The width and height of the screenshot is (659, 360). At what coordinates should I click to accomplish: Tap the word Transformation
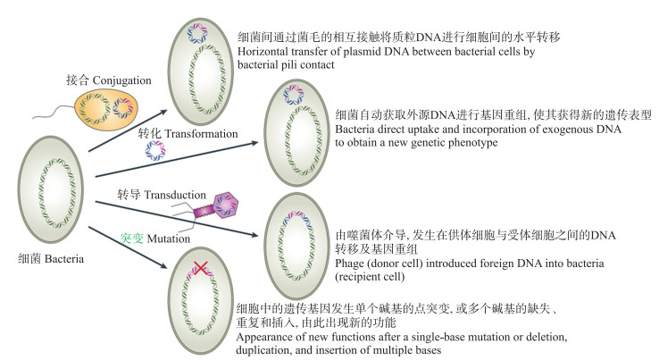pyautogui.click(x=200, y=134)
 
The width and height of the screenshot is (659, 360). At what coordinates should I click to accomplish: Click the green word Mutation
pyautogui.click(x=170, y=239)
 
